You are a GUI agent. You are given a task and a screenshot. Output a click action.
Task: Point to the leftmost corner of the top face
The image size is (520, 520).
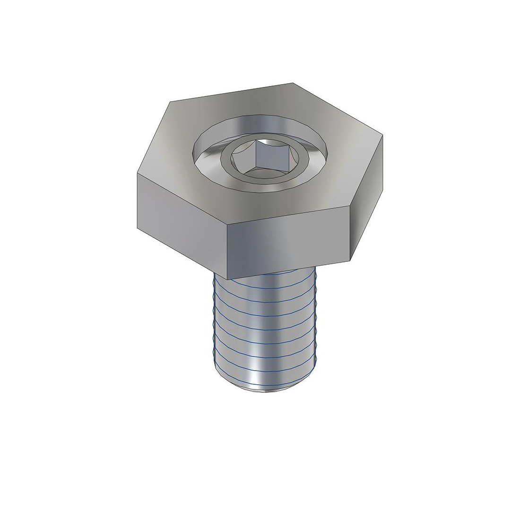coord(137,173)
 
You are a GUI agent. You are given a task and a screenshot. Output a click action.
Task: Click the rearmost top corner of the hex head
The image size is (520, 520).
coord(294,83)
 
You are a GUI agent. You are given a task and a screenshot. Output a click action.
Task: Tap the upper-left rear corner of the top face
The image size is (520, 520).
coord(169,102)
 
